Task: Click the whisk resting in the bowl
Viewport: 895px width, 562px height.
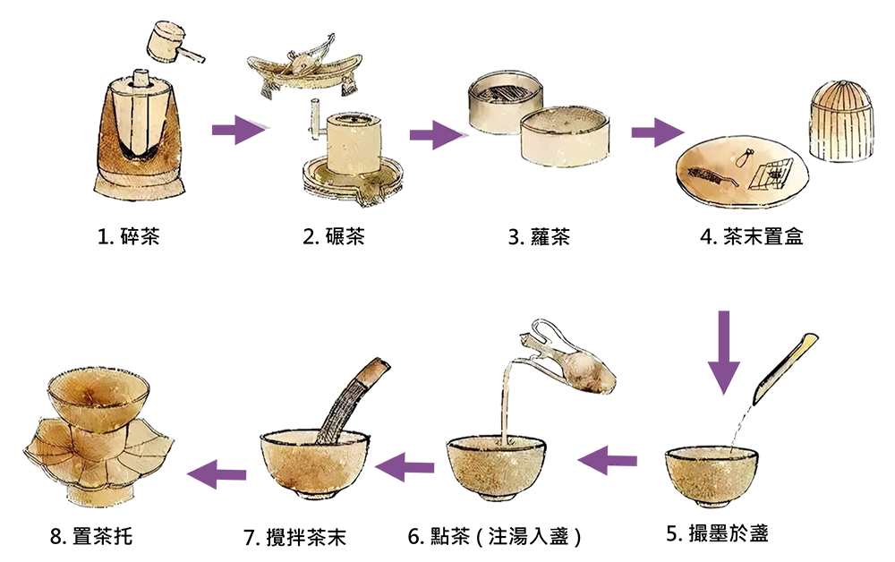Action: click(354, 397)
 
